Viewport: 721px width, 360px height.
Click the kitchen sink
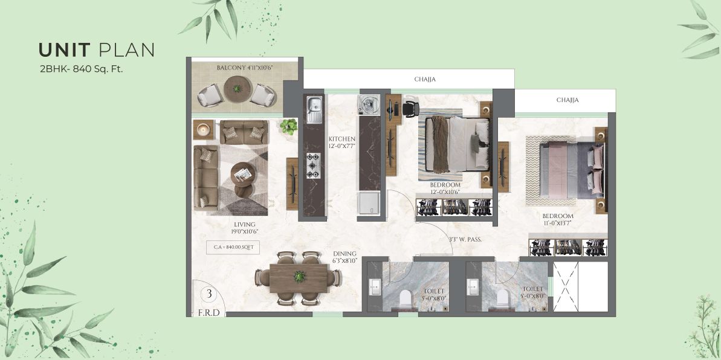pyautogui.click(x=314, y=109)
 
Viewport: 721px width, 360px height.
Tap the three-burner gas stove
pyautogui.click(x=314, y=165)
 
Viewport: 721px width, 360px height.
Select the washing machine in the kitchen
pyautogui.click(x=369, y=104)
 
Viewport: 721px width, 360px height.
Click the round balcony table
pyautogui.click(x=237, y=89)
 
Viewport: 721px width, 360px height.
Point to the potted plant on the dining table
pyautogui.click(x=300, y=277)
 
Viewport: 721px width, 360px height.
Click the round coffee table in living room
pyautogui.click(x=242, y=176)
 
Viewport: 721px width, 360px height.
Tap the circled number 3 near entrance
pyautogui.click(x=209, y=295)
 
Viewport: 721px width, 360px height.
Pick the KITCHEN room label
pyautogui.click(x=341, y=138)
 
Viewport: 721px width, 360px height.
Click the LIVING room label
pyautogui.click(x=244, y=224)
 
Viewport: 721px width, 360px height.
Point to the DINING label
pyautogui.click(x=345, y=253)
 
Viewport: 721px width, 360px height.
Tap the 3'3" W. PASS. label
pyautogui.click(x=465, y=240)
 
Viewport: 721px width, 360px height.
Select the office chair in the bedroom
pyautogui.click(x=410, y=109)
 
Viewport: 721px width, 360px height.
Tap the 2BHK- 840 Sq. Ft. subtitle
pyautogui.click(x=82, y=69)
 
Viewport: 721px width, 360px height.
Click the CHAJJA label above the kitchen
pyautogui.click(x=424, y=79)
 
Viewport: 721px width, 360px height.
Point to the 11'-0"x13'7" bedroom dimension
pyautogui.click(x=558, y=223)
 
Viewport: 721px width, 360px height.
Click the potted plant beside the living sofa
pyautogui.click(x=289, y=126)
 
